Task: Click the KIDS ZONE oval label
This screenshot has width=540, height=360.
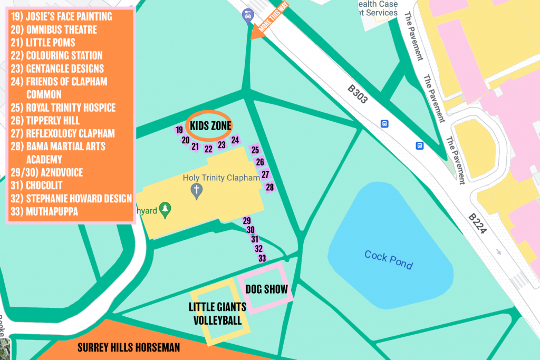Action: [x=210, y=125]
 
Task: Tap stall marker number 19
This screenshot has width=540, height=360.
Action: [x=179, y=130]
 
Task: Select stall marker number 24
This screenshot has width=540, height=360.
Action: [x=235, y=140]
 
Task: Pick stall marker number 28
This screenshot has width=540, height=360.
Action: [x=269, y=188]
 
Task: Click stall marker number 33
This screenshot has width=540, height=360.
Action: [x=262, y=258]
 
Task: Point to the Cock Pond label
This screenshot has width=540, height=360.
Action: [x=388, y=260]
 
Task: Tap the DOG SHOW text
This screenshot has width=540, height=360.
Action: [x=266, y=289]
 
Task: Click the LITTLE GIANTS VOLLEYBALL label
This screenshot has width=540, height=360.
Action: [x=217, y=314]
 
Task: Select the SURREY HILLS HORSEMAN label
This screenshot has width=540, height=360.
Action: [x=129, y=348]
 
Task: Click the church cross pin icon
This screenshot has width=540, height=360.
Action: [x=197, y=190]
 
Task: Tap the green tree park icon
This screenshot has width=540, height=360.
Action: [x=166, y=210]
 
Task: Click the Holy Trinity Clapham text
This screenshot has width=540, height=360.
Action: [x=221, y=178]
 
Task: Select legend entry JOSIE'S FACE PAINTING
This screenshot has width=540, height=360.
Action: [x=61, y=16]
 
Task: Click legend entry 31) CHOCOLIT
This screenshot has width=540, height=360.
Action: [x=36, y=186]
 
